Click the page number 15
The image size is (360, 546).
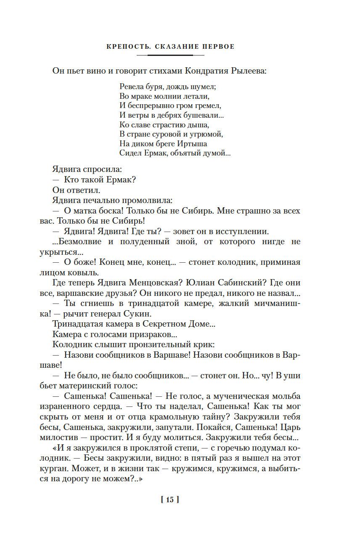170,500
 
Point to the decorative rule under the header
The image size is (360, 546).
170,55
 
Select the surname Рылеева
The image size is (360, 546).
249,71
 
